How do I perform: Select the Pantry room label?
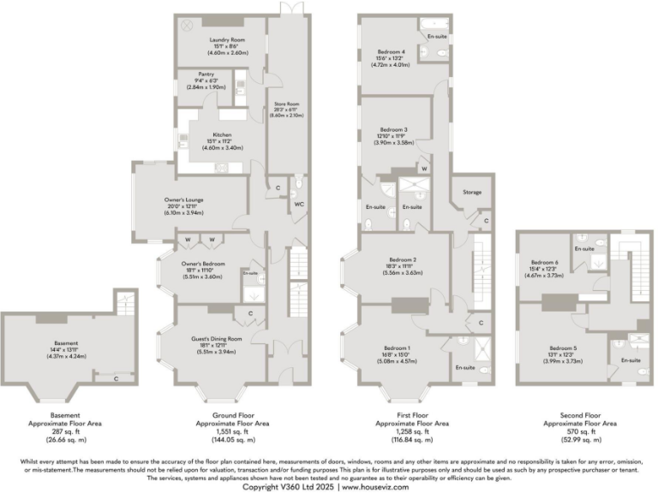tap(205, 74)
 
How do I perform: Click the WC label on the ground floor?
tap(298, 205)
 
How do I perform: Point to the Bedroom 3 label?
tap(393, 130)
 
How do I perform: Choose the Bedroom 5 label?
tap(562, 347)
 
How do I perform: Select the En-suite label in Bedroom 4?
tap(436, 37)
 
